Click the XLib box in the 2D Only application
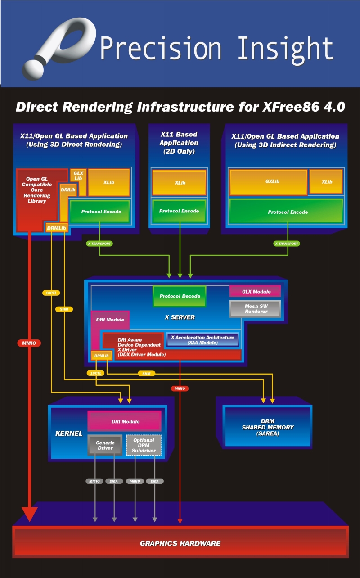(179, 183)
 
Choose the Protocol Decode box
(180, 296)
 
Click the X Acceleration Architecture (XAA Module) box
(202, 340)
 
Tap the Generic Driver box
(105, 445)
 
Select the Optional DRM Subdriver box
(144, 445)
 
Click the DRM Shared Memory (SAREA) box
(267, 427)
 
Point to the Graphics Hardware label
(180, 543)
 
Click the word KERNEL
(69, 433)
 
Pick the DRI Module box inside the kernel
(125, 421)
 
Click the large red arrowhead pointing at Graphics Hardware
(30, 513)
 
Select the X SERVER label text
(180, 317)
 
